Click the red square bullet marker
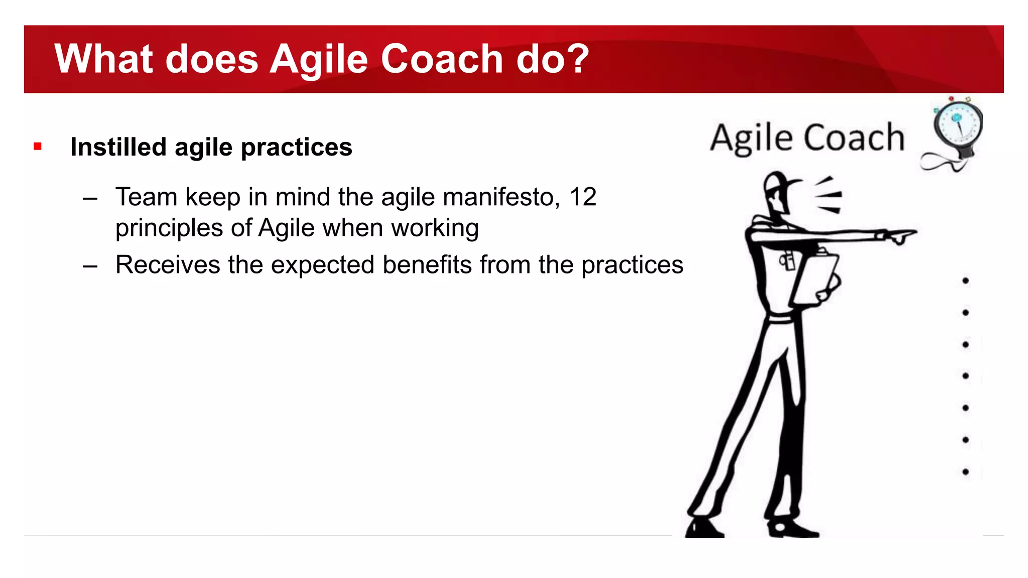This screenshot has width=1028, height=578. point(38,147)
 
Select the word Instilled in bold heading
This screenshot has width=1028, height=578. point(118,147)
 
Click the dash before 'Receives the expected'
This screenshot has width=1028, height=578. point(90,266)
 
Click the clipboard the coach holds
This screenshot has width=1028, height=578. point(816,278)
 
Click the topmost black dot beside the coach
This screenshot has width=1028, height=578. point(965,280)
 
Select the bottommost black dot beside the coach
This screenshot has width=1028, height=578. point(965,472)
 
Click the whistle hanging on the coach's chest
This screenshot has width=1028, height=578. point(787,261)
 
